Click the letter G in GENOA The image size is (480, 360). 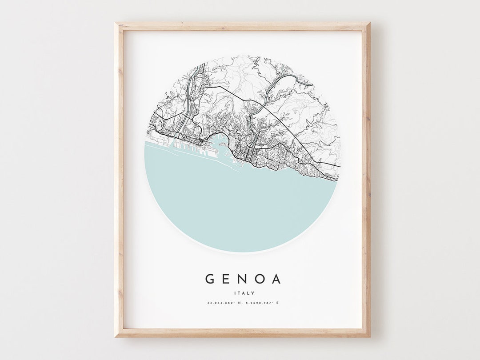[x=210, y=279]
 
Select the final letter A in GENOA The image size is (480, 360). [x=276, y=279]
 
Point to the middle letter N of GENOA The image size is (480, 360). [x=243, y=279]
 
